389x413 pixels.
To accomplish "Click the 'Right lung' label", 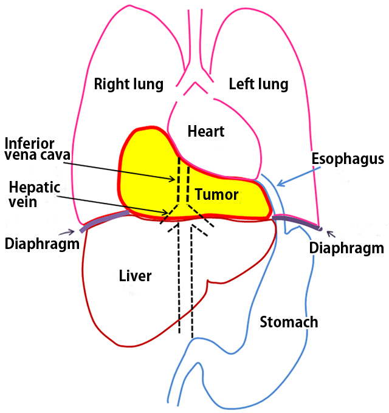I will (x=129, y=84).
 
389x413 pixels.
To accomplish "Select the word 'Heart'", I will (x=206, y=131).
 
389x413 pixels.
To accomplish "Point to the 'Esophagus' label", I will (x=348, y=159).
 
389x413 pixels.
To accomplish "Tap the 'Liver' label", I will (x=135, y=276).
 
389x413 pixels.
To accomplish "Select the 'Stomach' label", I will (x=289, y=321).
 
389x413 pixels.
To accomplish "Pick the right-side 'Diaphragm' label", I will (x=347, y=248).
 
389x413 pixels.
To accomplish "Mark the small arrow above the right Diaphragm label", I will (x=330, y=232).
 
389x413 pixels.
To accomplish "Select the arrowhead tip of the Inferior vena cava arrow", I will (x=174, y=180).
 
